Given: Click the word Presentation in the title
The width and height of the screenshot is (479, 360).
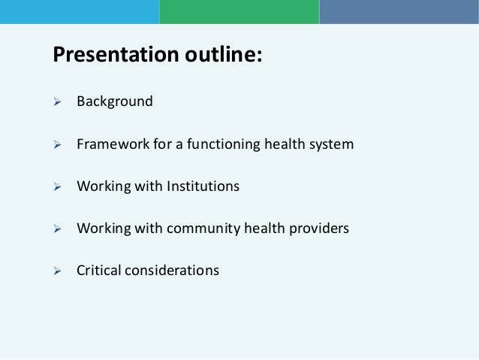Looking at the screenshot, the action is point(116,54).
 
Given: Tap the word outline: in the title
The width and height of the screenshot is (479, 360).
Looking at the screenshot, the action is point(223,54).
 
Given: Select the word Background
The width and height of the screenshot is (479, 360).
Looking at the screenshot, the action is point(115,101).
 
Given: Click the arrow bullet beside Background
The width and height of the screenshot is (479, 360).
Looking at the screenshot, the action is point(57,102).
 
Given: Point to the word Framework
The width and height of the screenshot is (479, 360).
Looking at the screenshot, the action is point(113,144).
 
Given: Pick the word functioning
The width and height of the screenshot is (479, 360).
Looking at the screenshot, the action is point(224,144).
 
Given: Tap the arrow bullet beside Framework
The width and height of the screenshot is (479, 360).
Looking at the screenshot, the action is point(57,144).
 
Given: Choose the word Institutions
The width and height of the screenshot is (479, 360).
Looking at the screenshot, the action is point(203,186).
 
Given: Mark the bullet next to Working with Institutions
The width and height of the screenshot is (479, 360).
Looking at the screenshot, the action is point(57,186).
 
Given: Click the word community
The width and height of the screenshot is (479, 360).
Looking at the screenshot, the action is point(203,228).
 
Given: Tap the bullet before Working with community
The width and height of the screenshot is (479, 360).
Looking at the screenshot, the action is point(57,228).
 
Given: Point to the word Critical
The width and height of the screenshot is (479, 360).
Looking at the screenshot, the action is point(98,271).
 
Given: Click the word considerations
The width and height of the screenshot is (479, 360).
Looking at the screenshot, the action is point(172,271).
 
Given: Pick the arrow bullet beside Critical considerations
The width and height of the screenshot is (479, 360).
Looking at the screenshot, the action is point(57,271).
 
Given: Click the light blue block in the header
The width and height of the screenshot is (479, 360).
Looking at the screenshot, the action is point(80,12).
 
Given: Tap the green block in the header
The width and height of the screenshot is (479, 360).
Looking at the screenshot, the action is point(239,12).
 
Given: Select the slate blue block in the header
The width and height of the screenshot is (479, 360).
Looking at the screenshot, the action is point(399,12).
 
